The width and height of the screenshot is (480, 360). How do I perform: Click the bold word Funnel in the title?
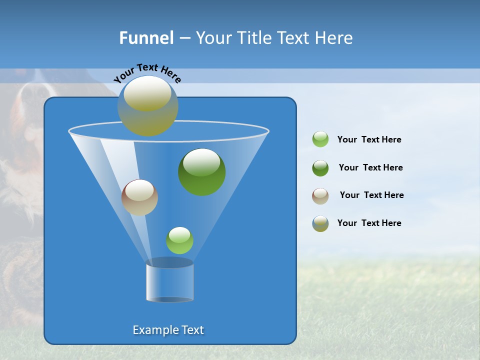[x=146, y=38]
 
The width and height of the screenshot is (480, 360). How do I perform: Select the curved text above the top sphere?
[x=147, y=73]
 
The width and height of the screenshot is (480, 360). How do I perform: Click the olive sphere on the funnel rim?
[x=148, y=106]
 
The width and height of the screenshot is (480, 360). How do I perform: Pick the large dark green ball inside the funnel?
[x=202, y=172]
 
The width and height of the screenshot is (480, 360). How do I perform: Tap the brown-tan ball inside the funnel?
[x=139, y=197]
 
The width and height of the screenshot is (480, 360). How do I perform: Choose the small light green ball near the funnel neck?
[x=179, y=240]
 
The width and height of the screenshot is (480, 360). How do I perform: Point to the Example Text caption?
[x=168, y=330]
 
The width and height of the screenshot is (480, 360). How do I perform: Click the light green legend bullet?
[x=320, y=139]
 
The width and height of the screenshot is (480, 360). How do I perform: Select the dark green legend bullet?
[x=320, y=168]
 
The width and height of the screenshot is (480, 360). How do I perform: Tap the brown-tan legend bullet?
[x=320, y=196]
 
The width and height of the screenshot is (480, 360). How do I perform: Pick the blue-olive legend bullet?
[x=320, y=223]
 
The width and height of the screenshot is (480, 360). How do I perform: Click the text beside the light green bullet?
[x=369, y=140]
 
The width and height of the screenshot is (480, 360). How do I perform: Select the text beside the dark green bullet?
[x=370, y=168]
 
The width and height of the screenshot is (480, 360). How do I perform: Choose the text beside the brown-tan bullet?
[x=371, y=195]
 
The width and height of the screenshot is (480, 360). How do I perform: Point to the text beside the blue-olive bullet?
[x=369, y=223]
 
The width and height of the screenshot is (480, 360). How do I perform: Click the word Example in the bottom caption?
[x=152, y=330]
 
